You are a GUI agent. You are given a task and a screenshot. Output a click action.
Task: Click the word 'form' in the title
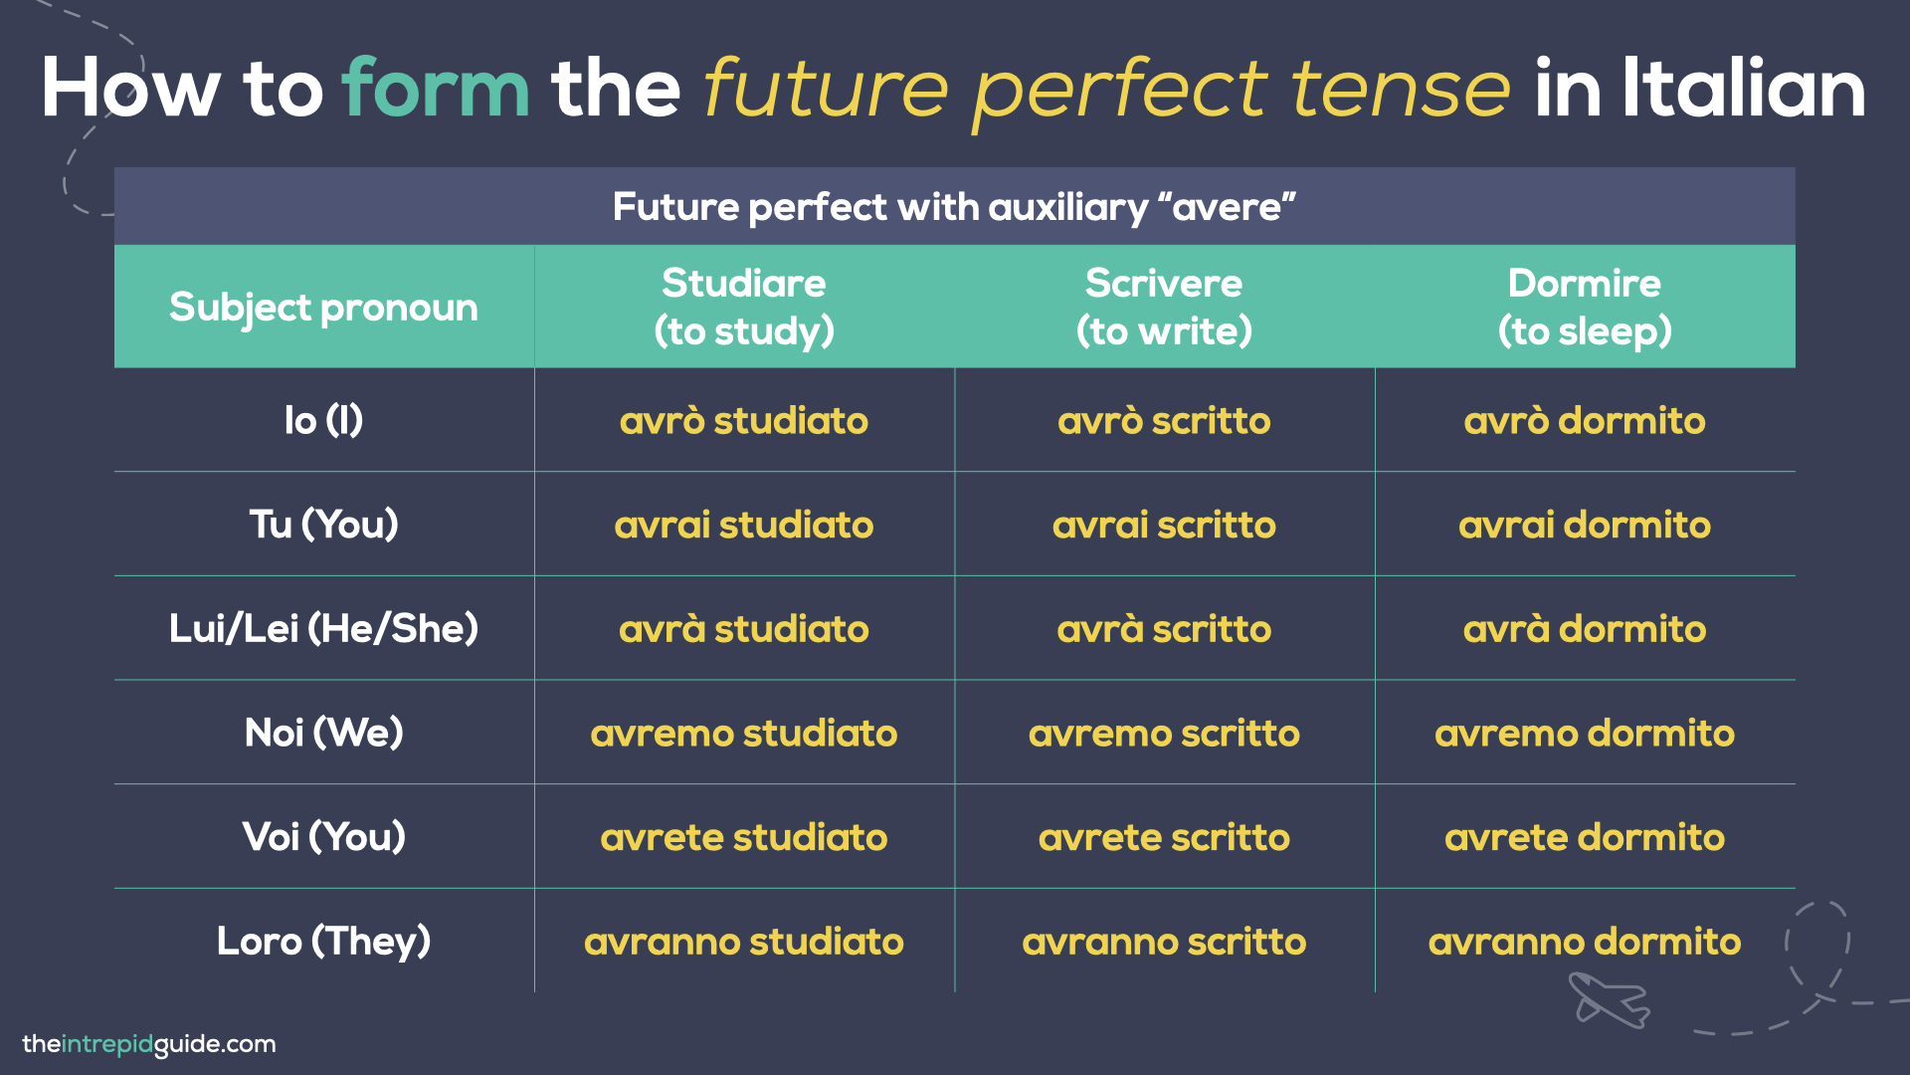tap(436, 90)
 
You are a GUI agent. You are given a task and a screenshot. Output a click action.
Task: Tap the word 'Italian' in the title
tap(1743, 90)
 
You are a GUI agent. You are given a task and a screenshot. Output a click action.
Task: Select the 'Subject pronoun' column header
tap(323, 307)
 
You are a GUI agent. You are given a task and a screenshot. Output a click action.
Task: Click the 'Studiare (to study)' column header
tap(743, 307)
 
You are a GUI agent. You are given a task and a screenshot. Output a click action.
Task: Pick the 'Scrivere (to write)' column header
tap(1164, 307)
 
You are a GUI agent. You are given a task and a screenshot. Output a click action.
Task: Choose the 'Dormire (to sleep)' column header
tap(1585, 307)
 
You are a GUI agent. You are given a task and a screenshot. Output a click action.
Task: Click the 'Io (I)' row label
tap(323, 420)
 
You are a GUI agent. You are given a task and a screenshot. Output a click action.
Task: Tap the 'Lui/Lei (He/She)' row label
tap(323, 628)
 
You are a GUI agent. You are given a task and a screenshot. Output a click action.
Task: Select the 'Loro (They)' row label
tap(323, 941)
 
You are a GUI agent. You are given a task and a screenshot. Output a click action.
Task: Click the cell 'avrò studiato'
tap(743, 421)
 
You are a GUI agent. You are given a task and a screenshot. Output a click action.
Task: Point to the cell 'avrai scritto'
tap(1164, 525)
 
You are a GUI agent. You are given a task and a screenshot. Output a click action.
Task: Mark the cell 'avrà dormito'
tap(1585, 629)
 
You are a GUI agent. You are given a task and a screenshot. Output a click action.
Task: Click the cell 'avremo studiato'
tap(743, 734)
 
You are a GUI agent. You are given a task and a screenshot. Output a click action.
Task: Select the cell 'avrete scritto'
tap(1164, 837)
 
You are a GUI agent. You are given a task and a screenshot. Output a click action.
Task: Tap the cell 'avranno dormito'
tap(1585, 942)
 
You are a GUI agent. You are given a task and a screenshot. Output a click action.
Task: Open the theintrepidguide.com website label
tap(149, 1044)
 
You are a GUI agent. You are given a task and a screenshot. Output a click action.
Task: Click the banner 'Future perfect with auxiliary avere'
tap(954, 206)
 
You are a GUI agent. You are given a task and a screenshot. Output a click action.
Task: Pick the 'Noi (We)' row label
tap(323, 733)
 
